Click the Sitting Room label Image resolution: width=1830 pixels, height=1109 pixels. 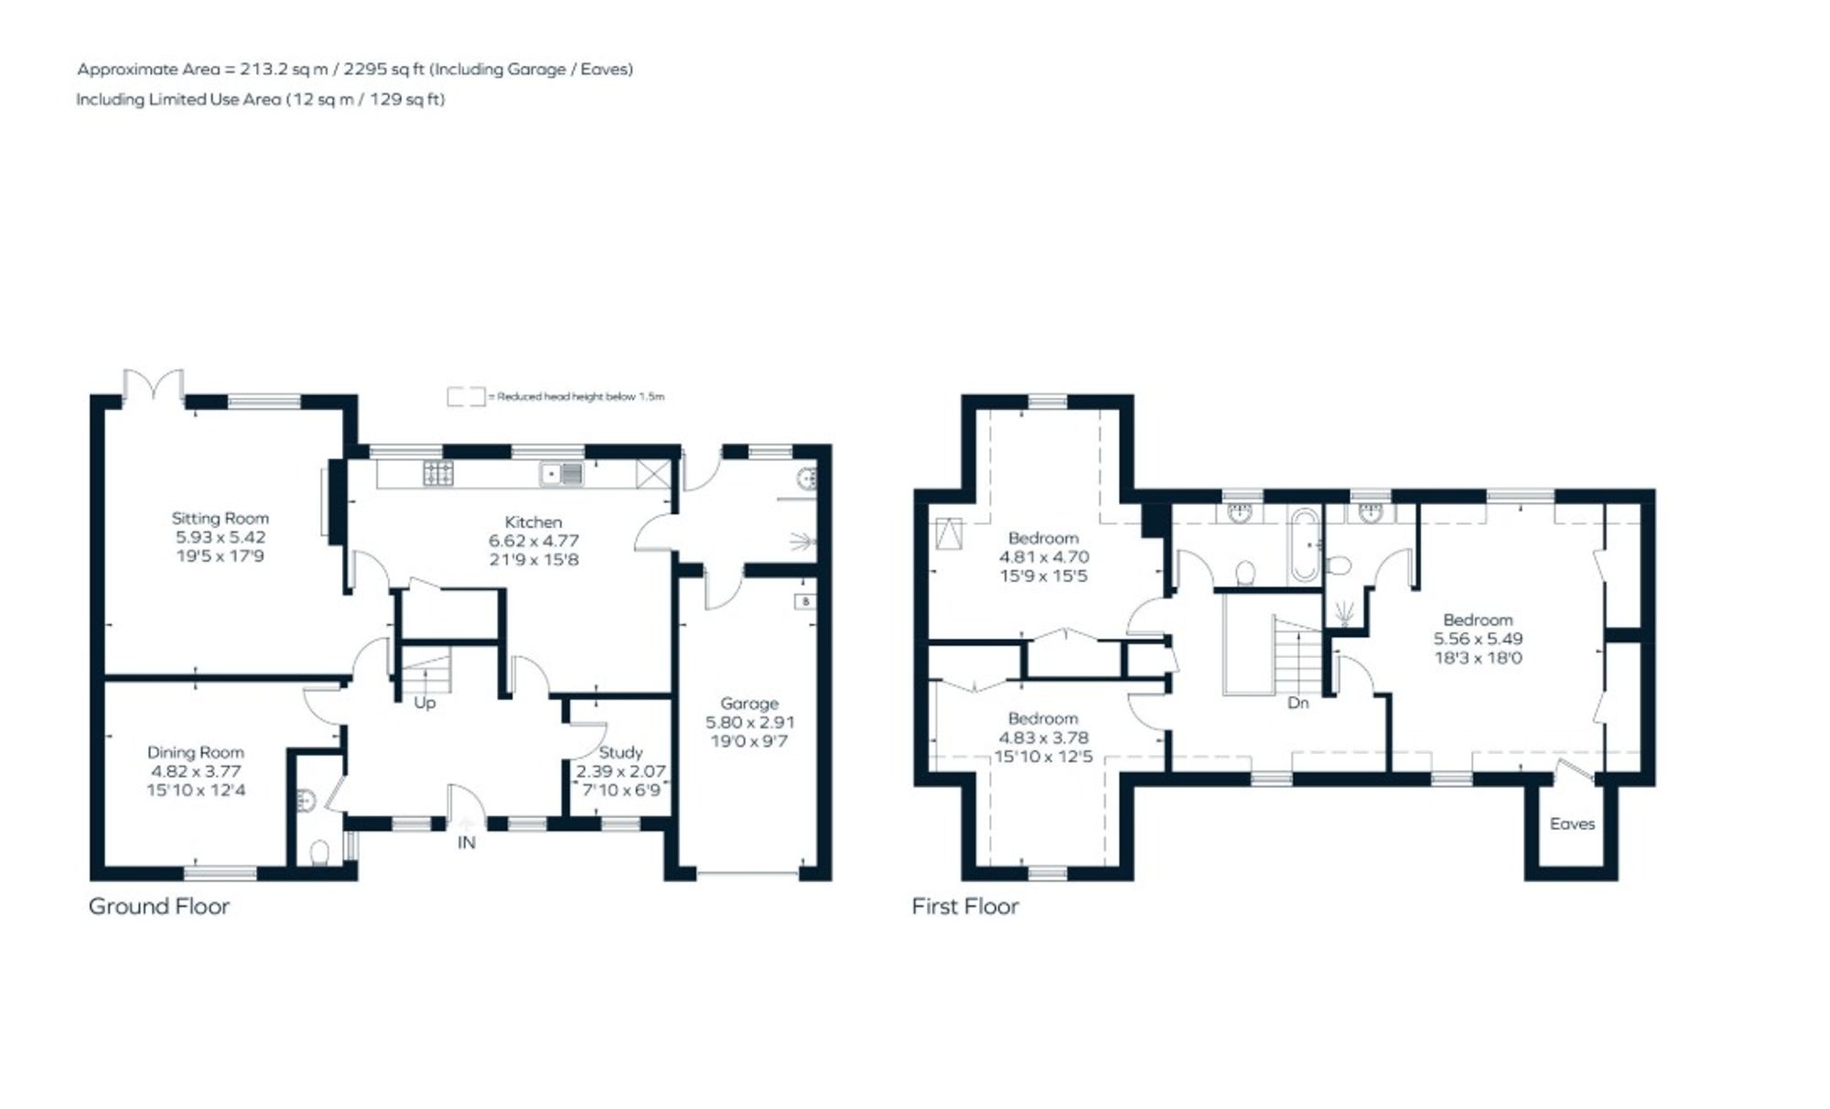[220, 518]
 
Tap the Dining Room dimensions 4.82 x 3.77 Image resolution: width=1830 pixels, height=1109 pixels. [196, 771]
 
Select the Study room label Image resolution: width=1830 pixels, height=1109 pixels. [620, 752]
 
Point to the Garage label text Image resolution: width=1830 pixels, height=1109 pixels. [749, 703]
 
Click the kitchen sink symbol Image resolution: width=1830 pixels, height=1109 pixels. [561, 474]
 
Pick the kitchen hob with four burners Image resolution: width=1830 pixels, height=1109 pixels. [437, 473]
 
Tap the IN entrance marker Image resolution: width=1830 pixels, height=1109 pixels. [467, 843]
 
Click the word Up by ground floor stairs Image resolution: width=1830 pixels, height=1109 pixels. [425, 703]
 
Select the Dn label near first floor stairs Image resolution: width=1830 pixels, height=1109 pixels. [1297, 703]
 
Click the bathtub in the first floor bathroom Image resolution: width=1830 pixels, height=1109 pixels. [1305, 545]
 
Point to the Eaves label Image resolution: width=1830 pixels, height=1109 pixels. [1572, 824]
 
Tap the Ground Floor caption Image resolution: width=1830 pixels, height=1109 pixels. [158, 907]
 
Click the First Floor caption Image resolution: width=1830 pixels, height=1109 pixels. [964, 907]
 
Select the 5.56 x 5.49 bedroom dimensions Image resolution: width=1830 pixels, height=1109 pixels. [1478, 639]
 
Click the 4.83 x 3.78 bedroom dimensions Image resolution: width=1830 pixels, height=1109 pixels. [1043, 738]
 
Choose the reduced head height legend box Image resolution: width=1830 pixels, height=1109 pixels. [465, 397]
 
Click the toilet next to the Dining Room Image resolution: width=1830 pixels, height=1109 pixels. [319, 853]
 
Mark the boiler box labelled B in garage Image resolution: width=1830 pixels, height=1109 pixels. [805, 601]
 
